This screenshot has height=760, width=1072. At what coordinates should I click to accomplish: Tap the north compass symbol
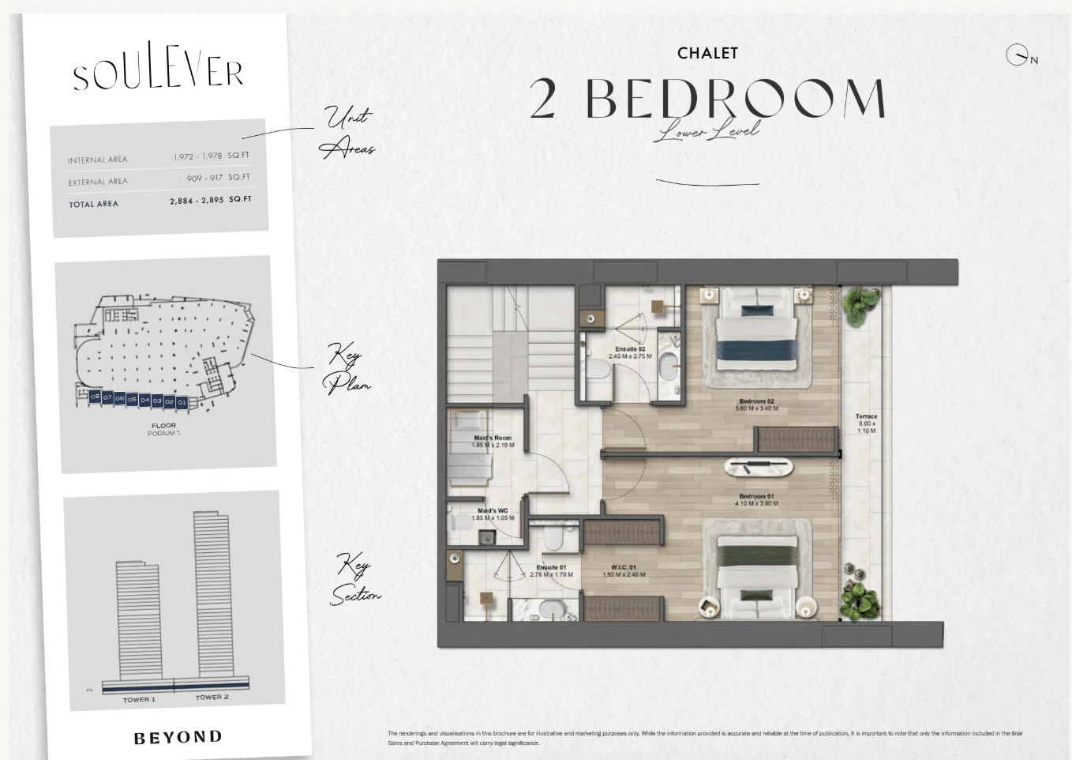pos(1017,55)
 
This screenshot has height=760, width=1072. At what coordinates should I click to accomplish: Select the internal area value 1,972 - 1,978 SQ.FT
pos(211,156)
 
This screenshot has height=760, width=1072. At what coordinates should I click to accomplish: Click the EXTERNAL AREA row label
pos(97,182)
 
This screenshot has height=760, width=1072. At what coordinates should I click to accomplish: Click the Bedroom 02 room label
pos(756,404)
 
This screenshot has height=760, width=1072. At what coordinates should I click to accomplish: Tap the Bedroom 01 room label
pos(756,499)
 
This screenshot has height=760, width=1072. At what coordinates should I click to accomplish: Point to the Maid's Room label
pos(493,441)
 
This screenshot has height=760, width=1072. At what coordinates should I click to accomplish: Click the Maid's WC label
pos(493,514)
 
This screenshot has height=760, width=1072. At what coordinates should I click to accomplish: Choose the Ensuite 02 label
pos(630,352)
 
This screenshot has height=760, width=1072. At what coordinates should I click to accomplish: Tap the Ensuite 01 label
pos(551,570)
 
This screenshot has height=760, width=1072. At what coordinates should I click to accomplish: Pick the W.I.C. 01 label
pos(624,570)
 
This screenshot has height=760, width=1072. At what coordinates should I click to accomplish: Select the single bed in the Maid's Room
pos(470,458)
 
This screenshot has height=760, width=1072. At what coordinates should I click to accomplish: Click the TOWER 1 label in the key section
pos(139,699)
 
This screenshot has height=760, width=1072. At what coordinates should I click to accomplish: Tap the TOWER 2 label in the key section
pos(212,697)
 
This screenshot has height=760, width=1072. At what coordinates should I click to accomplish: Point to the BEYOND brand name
pos(178,737)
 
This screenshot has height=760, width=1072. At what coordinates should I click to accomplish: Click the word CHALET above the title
pos(707,53)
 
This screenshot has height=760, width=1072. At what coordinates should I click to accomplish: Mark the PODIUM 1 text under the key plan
pos(163,433)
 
